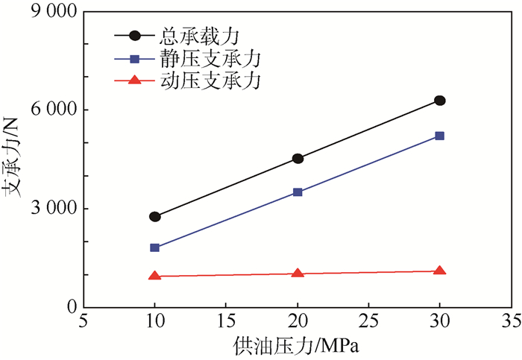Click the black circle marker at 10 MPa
tap(155, 217)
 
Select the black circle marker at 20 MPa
tap(298, 159)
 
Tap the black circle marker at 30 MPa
tap(440, 101)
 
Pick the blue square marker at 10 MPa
tap(155, 247)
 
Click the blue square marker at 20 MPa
tap(298, 192)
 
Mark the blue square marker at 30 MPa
tap(440, 136)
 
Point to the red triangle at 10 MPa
tap(155, 276)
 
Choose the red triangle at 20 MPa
tap(298, 273)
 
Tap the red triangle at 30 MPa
tap(440, 271)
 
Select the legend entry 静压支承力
tap(198, 57)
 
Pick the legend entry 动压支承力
tap(198, 80)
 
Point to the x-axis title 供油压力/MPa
tap(297, 348)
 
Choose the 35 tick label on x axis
tap(511, 322)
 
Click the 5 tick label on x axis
tap(84, 322)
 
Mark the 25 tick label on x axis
tap(368, 322)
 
